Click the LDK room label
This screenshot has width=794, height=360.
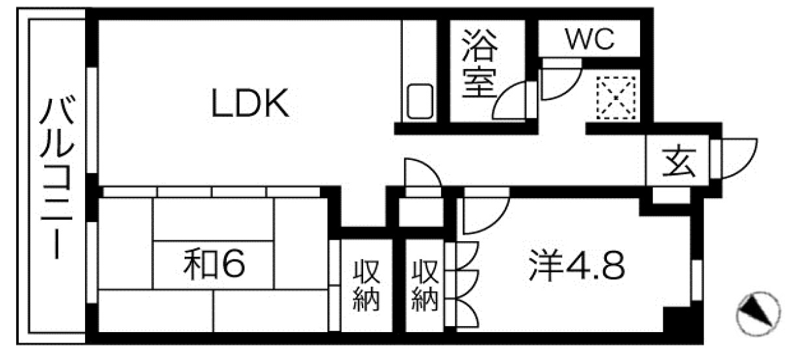[x=250, y=103]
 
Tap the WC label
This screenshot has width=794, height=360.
[x=589, y=40]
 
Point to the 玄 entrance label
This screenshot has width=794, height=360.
[x=678, y=164]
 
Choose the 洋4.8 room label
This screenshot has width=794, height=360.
[x=576, y=266]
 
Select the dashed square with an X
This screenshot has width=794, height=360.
[x=615, y=99]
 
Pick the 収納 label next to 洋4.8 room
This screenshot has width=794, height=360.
[x=425, y=285]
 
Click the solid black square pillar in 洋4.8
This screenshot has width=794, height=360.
[x=677, y=320]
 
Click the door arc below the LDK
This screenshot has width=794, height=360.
[x=421, y=175]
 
